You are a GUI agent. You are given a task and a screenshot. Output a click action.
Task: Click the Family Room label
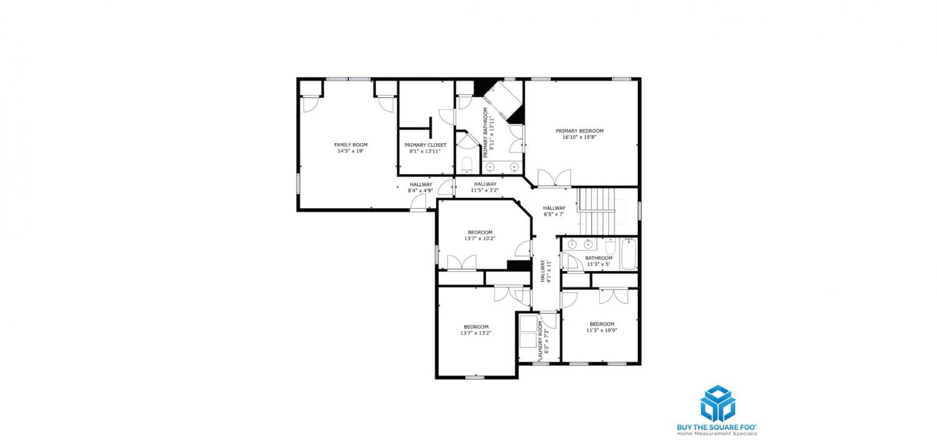pyautogui.click(x=350, y=145)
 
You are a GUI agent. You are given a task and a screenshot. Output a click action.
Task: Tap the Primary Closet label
pyautogui.click(x=425, y=145)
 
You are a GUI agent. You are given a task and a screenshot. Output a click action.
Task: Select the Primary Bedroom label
pyautogui.click(x=579, y=131)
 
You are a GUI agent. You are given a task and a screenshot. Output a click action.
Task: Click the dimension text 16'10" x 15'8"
pyautogui.click(x=579, y=137)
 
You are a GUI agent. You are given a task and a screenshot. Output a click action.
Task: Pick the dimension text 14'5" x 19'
pyautogui.click(x=350, y=151)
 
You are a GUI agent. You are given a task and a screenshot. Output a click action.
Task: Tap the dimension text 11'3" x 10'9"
pyautogui.click(x=602, y=330)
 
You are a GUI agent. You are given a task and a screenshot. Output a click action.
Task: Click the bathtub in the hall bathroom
pyautogui.click(x=628, y=254)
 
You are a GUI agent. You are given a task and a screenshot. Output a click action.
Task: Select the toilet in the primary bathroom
pyautogui.click(x=467, y=165)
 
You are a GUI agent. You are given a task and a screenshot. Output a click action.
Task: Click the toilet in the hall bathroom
pyautogui.click(x=610, y=246)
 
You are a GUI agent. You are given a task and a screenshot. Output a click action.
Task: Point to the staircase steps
pyautogui.click(x=597, y=211)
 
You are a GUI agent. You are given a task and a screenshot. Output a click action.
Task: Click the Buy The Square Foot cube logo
pyautogui.click(x=718, y=404)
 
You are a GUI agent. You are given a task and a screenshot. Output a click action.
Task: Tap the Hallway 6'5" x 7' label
pyautogui.click(x=554, y=211)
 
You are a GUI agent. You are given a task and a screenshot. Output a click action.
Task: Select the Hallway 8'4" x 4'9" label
pyautogui.click(x=421, y=187)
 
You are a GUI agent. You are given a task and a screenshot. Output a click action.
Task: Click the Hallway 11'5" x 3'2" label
pyautogui.click(x=485, y=187)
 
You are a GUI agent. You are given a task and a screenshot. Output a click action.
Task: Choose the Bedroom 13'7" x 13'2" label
pyautogui.click(x=475, y=330)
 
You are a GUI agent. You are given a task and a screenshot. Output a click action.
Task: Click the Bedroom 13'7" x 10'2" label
pyautogui.click(x=480, y=235)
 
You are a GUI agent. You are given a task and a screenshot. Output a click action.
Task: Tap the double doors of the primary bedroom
pyautogui.click(x=554, y=178)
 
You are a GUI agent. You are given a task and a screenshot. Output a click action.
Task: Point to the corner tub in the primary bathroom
pyautogui.click(x=502, y=101)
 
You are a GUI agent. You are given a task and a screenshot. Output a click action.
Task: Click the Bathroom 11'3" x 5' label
pyautogui.click(x=598, y=261)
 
